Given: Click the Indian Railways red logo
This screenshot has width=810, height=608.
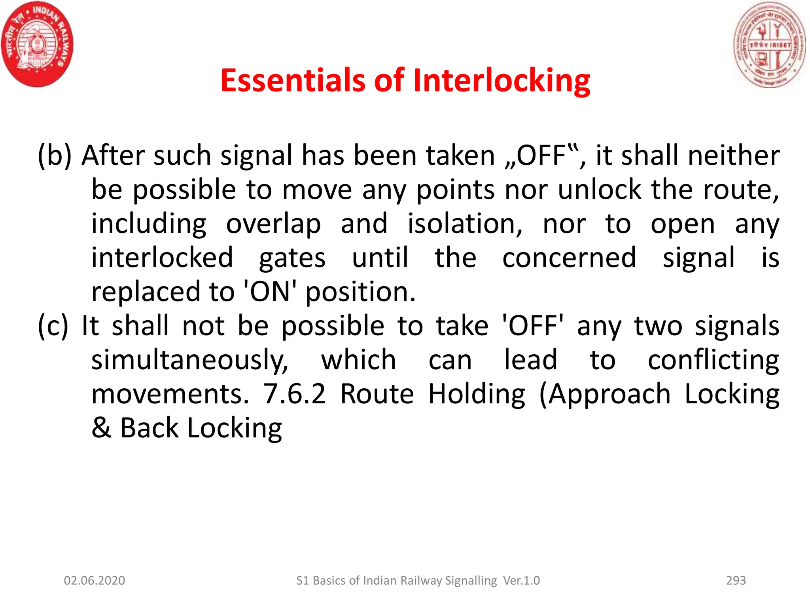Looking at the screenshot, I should click(38, 44).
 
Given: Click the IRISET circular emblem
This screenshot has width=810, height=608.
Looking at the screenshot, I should click(769, 44).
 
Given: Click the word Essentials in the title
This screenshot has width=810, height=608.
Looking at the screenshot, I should click(292, 80).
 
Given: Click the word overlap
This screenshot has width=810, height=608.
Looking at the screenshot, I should click(273, 224).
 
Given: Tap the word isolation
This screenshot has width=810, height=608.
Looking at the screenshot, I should click(465, 224).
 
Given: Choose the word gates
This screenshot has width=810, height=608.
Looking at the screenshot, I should click(292, 258).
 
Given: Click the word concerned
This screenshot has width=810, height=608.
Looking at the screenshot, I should click(569, 258).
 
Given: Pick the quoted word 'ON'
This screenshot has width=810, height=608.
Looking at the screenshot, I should click(270, 292).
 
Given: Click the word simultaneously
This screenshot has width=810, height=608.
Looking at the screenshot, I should click(190, 360).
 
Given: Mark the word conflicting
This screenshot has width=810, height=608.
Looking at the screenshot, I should click(713, 360).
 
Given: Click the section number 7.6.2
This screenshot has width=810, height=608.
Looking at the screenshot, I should click(295, 394).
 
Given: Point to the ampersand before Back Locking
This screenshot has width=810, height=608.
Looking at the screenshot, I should click(101, 428).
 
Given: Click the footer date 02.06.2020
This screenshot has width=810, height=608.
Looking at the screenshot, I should click(95, 580).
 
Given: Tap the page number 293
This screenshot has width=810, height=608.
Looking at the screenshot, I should click(736, 580).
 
